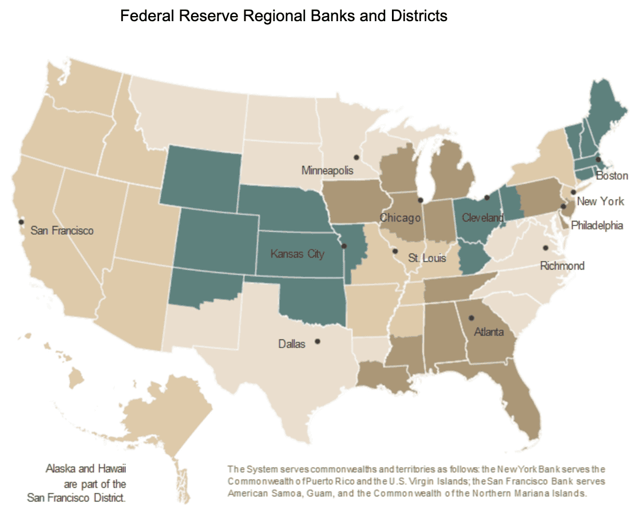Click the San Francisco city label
click(62, 231)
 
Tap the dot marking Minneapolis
click(356, 157)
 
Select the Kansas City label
click(298, 254)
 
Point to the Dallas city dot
click(318, 342)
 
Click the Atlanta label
click(489, 332)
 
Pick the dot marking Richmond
click(545, 248)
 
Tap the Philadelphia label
click(597, 225)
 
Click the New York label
click(600, 201)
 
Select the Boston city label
click(612, 176)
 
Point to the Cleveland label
click(482, 217)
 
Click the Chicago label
click(401, 218)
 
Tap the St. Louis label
click(427, 258)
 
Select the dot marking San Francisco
click(21, 222)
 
